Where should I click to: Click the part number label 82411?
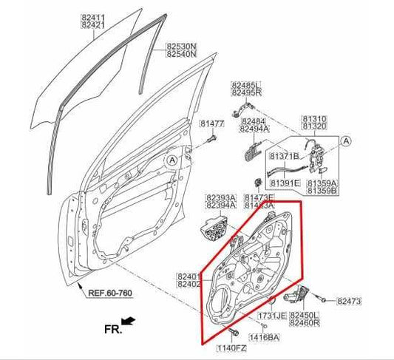click(x=92, y=16)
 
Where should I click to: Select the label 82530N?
click(x=180, y=46)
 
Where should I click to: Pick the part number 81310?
click(x=315, y=118)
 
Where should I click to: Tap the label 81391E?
click(x=284, y=183)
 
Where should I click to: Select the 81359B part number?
click(x=323, y=191)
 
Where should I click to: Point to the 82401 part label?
click(x=189, y=276)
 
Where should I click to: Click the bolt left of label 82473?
click(x=325, y=299)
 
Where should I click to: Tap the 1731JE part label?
click(x=271, y=316)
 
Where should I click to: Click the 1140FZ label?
click(x=231, y=347)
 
